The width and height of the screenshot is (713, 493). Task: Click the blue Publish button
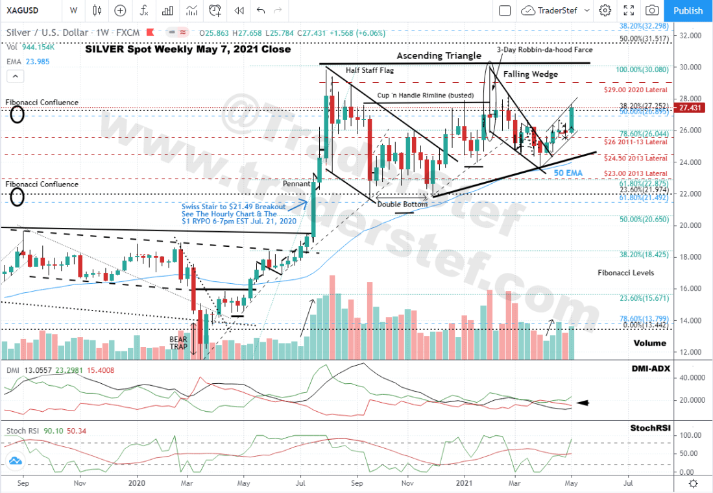pos(688,10)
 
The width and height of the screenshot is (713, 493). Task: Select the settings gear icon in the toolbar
pos(605,10)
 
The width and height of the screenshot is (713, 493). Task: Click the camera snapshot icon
pos(651,10)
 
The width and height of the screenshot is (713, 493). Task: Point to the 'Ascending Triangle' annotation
pos(439,56)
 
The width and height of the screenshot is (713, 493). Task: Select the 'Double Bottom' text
pos(402,204)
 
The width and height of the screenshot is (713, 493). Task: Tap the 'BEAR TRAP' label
pos(179,342)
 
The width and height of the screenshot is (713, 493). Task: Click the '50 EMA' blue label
pos(568,173)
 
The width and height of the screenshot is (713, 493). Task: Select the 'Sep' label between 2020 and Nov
pos(356,483)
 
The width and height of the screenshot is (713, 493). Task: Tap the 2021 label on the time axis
pos(464,483)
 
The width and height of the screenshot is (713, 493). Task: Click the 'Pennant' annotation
pos(296,184)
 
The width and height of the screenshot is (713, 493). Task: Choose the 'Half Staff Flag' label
pos(370,70)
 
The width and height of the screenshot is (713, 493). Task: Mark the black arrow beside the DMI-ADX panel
pos(583,403)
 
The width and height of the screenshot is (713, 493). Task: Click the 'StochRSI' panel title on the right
pos(649,429)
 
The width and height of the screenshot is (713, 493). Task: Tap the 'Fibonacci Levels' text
pos(625,273)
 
